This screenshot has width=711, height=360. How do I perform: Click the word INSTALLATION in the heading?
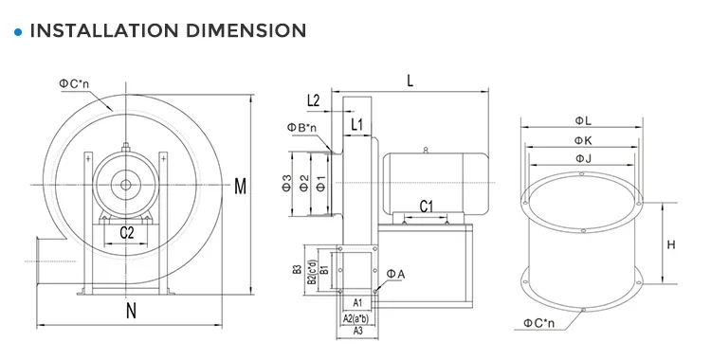104,30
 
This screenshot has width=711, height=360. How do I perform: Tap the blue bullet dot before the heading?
18,32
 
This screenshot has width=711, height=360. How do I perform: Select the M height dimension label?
241,186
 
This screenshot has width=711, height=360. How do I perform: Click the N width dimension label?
131,311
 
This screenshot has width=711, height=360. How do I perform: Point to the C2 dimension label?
127,233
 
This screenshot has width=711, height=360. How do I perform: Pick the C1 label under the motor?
427,207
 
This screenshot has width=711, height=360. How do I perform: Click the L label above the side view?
410,81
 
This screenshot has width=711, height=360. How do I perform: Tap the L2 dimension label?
314,100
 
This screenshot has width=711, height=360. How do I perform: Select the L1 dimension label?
356,124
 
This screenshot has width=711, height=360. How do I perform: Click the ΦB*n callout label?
301,127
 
